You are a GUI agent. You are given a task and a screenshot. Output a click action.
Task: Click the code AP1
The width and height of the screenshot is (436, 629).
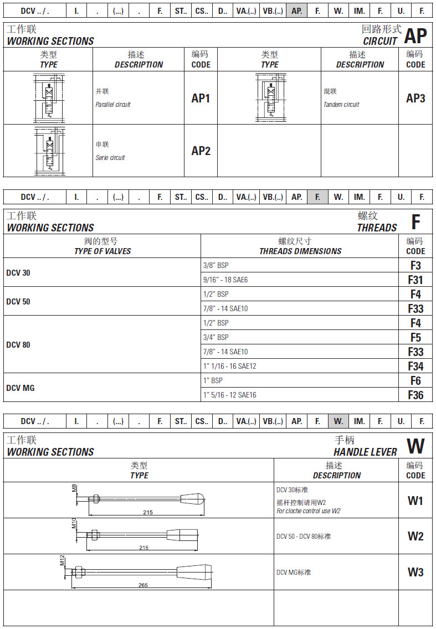point(201,99)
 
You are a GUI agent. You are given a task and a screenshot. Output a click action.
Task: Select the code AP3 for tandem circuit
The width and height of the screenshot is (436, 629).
point(416,99)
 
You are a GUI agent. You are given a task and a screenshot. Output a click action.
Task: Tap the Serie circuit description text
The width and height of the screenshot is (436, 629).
point(110,158)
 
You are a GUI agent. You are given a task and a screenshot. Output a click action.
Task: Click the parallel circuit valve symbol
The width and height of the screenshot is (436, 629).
point(49,98)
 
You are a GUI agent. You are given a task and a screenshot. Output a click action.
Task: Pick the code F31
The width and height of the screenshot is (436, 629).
point(416,280)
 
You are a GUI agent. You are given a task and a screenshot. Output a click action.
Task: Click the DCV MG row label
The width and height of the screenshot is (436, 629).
point(20,388)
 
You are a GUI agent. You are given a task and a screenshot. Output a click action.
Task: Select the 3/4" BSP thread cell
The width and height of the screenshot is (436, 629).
point(216,337)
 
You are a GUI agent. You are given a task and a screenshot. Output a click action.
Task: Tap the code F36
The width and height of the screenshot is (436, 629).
point(416,395)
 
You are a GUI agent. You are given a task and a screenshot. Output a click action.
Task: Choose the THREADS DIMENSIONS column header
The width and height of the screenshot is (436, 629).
point(300,251)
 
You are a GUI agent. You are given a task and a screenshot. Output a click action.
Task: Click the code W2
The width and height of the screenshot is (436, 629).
point(416,537)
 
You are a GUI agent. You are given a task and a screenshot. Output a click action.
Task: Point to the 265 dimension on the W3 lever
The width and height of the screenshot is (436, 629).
point(143,585)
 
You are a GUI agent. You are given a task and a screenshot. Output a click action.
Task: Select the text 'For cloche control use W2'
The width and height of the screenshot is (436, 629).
point(309,511)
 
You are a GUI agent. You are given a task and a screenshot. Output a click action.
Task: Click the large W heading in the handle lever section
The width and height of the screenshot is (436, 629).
point(416,446)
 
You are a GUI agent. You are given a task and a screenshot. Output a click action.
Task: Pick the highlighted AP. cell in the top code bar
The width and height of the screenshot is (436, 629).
point(297,11)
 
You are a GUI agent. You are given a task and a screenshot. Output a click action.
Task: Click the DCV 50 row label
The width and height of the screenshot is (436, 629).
point(18,302)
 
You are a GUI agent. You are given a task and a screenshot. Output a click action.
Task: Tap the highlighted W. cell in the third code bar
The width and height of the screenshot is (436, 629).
point(338,421)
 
